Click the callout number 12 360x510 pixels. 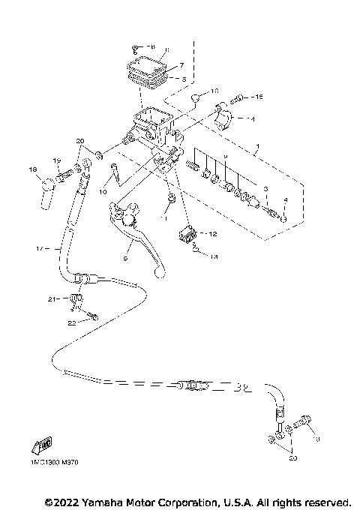(x=213, y=233)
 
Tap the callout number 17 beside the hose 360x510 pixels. (x=39, y=247)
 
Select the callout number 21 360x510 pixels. (x=52, y=299)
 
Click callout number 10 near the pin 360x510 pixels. (x=103, y=192)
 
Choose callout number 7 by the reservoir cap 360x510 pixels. (x=181, y=65)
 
